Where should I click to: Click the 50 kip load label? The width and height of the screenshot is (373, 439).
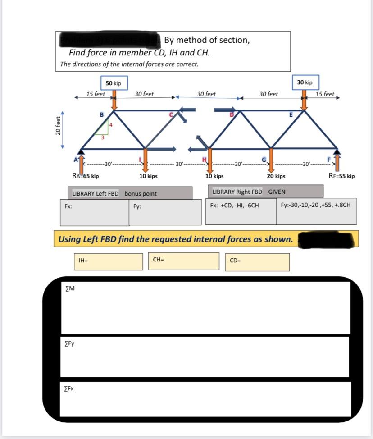click(x=114, y=83)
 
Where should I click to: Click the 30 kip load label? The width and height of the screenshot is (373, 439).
click(x=305, y=82)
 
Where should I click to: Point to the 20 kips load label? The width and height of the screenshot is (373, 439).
click(x=276, y=176)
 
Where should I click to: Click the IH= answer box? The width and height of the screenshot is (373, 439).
click(x=108, y=262)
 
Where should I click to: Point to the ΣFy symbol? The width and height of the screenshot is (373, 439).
click(x=70, y=344)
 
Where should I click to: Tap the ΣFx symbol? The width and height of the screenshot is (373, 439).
click(x=69, y=388)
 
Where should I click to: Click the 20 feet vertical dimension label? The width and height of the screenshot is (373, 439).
click(x=57, y=128)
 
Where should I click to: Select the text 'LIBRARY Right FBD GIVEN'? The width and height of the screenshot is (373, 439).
click(x=248, y=192)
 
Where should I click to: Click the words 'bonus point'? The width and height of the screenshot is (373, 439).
click(x=141, y=194)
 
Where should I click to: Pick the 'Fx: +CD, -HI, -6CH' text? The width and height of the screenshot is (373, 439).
click(x=234, y=206)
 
